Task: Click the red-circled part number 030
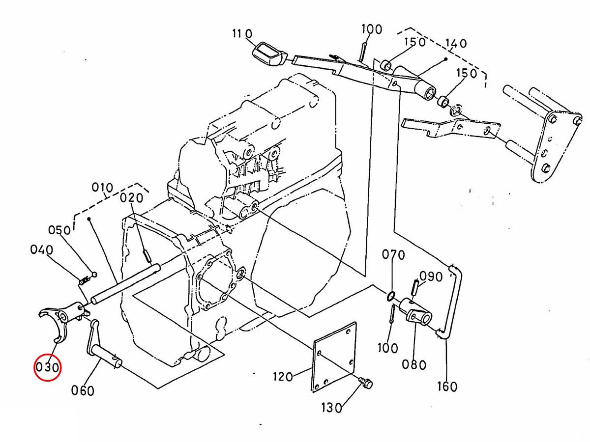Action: click(48, 367)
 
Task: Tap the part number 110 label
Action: click(242, 34)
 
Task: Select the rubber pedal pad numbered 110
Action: click(269, 55)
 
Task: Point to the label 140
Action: click(456, 43)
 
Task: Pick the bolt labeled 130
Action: click(366, 383)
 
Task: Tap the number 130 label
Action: click(332, 408)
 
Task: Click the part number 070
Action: click(393, 255)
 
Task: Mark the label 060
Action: click(83, 390)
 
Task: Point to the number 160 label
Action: click(447, 387)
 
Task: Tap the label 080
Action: click(414, 365)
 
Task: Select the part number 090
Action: click(431, 276)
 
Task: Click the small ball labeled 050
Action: click(94, 274)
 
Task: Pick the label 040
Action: click(42, 250)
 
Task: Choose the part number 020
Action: click(131, 198)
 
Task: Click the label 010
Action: click(102, 187)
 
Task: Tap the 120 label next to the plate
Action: click(283, 377)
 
